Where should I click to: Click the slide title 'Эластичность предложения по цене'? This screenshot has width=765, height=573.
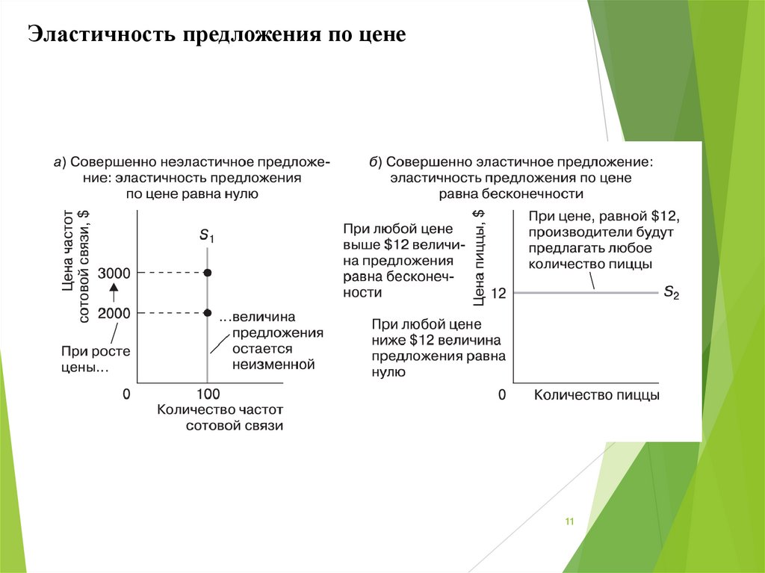click(217, 35)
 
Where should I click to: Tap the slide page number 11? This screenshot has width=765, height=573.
click(569, 521)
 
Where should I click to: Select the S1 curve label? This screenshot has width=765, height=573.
click(207, 235)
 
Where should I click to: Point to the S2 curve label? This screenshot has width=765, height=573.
click(671, 293)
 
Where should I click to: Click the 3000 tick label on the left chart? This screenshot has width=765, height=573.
click(114, 273)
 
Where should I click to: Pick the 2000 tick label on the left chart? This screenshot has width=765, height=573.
click(114, 313)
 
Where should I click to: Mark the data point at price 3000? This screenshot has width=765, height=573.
click(208, 273)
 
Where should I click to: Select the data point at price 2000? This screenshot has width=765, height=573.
click(208, 313)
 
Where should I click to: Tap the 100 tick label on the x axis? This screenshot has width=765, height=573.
click(208, 394)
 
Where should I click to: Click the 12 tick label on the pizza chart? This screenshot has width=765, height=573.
click(499, 294)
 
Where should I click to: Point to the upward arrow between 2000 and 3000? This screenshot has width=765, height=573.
click(114, 293)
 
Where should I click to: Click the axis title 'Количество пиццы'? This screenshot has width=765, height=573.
click(596, 394)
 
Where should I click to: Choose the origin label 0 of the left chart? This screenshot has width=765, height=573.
click(126, 394)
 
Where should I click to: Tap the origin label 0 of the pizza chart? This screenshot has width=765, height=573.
click(503, 394)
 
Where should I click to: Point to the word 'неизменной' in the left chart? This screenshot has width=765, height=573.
click(273, 365)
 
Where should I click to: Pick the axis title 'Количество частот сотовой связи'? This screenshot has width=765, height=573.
click(220, 417)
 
